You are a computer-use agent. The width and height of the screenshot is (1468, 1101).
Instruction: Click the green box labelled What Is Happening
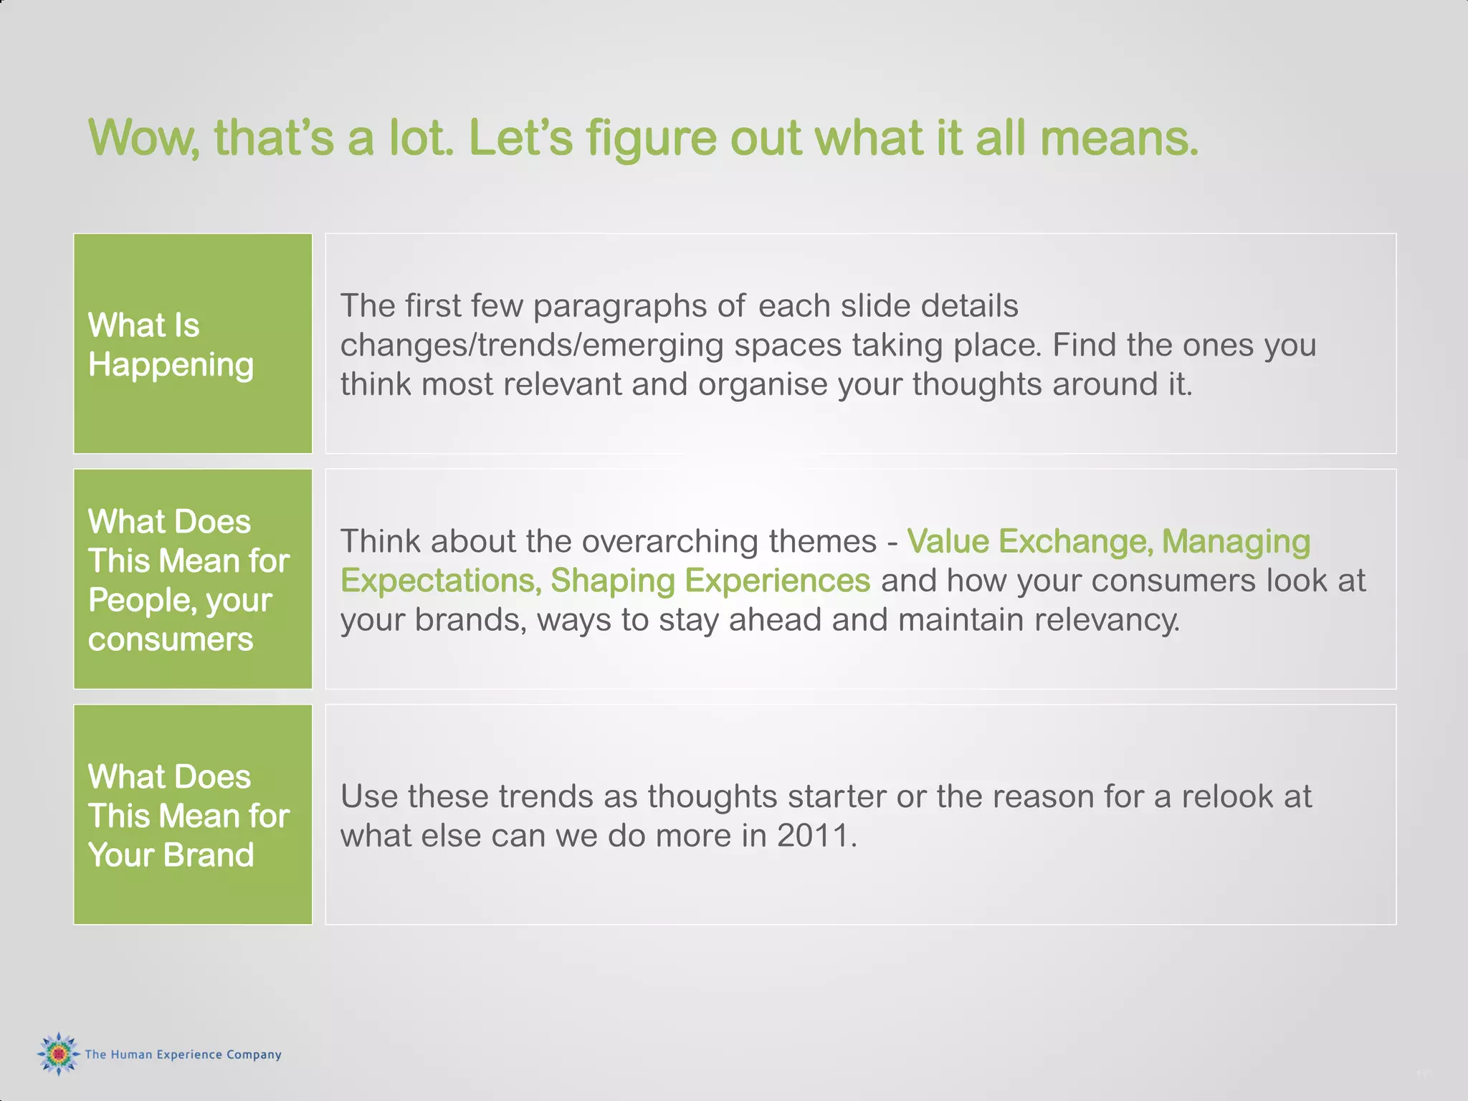pyautogui.click(x=193, y=343)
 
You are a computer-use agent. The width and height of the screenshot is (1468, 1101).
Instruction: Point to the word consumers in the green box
pyautogui.click(x=171, y=639)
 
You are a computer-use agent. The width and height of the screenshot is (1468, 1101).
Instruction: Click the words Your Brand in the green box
pyautogui.click(x=171, y=855)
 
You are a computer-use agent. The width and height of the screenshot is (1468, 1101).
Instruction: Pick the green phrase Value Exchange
pyautogui.click(x=1029, y=541)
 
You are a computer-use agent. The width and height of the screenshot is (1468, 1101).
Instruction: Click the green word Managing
pyautogui.click(x=1236, y=541)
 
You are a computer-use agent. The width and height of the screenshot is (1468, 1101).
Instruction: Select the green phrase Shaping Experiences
pyautogui.click(x=710, y=581)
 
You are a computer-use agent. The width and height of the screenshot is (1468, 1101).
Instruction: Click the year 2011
pyautogui.click(x=816, y=836)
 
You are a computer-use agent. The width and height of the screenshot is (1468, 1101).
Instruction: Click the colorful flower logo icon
pyautogui.click(x=58, y=1054)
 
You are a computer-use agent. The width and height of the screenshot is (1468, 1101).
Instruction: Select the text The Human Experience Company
pyautogui.click(x=183, y=1054)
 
